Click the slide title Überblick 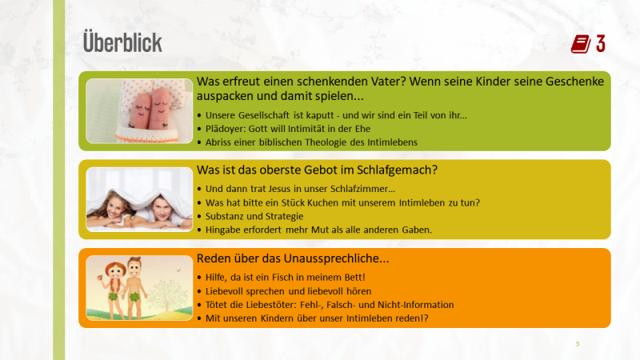(x=122, y=42)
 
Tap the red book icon (x=581, y=44)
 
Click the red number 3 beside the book (x=601, y=44)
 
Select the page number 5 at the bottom (x=578, y=344)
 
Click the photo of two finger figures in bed (x=139, y=111)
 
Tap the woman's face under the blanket (x=114, y=206)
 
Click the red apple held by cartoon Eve (x=99, y=278)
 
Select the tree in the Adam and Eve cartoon (x=166, y=294)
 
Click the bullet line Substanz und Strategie (x=254, y=216)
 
